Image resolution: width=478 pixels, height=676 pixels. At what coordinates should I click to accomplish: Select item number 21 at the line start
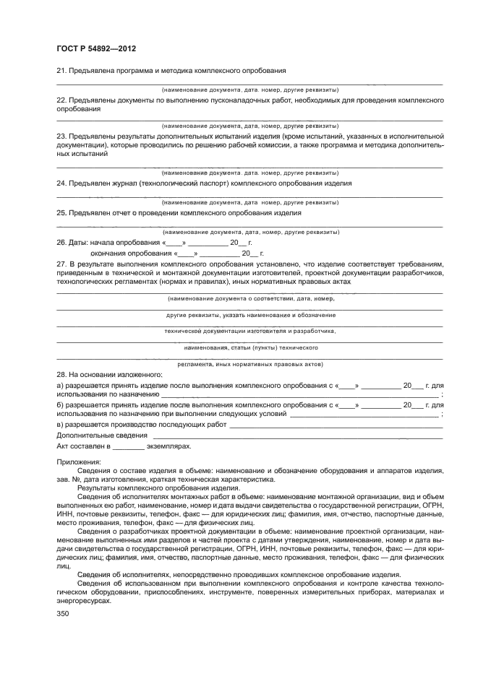pos(61,71)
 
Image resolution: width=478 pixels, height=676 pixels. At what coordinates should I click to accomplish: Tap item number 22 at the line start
pos(61,99)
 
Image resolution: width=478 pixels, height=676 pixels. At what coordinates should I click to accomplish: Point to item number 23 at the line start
pos(61,136)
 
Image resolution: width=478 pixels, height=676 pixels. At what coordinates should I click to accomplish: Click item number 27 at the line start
pos(61,265)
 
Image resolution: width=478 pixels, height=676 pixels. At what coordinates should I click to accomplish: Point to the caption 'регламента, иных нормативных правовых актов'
pos(250,364)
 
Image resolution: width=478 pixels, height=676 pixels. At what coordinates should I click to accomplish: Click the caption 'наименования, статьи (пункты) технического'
pos(250,347)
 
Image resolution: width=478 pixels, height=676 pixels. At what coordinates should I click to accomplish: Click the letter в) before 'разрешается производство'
pos(60,425)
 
